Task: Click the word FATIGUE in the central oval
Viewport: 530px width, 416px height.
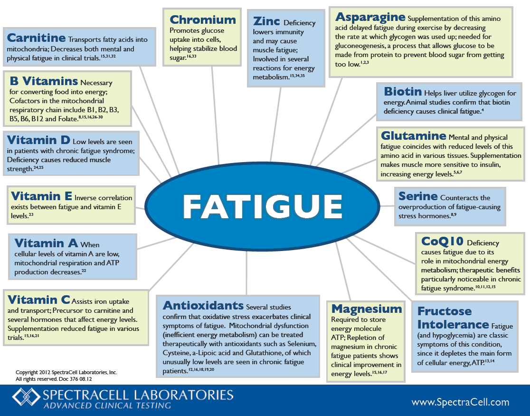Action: tap(263, 206)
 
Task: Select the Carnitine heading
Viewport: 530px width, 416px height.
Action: tap(36, 38)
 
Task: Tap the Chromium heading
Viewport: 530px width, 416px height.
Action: tap(203, 20)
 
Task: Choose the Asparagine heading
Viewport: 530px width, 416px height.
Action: tap(370, 18)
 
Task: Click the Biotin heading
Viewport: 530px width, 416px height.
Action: tap(403, 91)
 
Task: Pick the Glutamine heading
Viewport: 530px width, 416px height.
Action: tap(413, 136)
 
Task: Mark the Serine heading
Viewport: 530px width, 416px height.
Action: tap(418, 196)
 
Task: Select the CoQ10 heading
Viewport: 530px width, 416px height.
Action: tap(442, 242)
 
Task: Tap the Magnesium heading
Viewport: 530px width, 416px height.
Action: tap(367, 309)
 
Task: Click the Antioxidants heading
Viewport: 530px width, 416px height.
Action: tap(203, 305)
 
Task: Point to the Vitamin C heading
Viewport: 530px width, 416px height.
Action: tap(39, 300)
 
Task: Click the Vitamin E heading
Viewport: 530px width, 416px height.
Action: tap(41, 196)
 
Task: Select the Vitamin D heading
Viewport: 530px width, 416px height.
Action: tap(38, 140)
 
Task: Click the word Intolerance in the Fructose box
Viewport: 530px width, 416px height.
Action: tap(453, 325)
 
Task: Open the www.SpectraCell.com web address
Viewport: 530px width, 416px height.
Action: tap(460, 402)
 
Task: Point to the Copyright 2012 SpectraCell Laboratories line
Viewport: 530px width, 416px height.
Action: tap(66, 372)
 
